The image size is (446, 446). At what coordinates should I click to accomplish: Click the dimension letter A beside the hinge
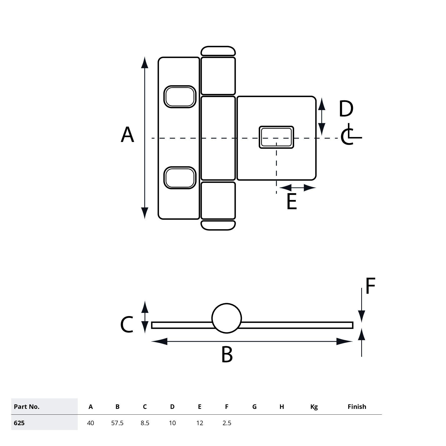[x=127, y=135]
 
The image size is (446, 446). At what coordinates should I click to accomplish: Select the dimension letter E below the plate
[x=291, y=202]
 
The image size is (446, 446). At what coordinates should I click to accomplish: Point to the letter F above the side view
[x=370, y=286]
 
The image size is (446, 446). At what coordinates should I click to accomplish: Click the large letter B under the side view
[x=227, y=355]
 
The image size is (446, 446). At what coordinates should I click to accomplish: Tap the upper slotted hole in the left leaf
[x=180, y=97]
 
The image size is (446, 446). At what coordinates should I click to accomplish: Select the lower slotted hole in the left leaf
[x=180, y=178]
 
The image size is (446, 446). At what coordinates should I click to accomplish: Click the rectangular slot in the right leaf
[x=276, y=137]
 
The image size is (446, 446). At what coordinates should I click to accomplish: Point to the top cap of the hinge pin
[x=218, y=51]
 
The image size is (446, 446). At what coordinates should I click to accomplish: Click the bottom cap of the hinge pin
[x=218, y=225]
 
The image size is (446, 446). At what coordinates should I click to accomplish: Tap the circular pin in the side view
[x=227, y=318]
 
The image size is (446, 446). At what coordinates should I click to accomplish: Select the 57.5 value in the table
[x=117, y=423]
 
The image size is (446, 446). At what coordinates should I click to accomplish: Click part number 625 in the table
[x=19, y=423]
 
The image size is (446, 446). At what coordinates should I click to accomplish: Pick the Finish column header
[x=357, y=407]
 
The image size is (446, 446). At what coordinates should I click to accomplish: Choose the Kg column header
[x=314, y=407]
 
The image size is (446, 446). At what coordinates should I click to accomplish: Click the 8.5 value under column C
[x=145, y=423]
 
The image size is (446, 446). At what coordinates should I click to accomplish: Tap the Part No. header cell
[x=27, y=407]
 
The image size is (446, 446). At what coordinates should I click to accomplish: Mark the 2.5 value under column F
[x=227, y=423]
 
